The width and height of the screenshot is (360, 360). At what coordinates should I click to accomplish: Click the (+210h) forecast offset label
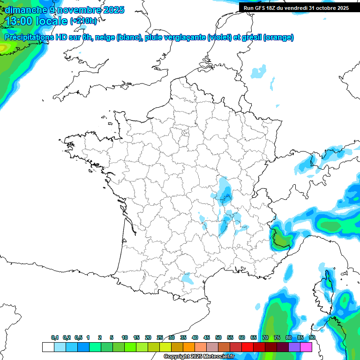83,21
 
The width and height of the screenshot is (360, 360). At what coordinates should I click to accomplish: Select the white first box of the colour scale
48,347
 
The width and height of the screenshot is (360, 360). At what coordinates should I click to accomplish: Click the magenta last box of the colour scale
306,347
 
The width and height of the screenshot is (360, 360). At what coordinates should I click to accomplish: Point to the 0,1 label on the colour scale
55,338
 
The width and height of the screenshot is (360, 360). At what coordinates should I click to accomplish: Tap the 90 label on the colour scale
312,338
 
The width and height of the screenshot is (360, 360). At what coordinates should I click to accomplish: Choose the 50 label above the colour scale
218,338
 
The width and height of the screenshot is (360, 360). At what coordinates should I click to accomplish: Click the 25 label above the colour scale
160,338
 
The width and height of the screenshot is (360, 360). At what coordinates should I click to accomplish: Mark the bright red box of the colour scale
247,347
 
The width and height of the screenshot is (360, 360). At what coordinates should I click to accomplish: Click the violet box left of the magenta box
294,347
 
